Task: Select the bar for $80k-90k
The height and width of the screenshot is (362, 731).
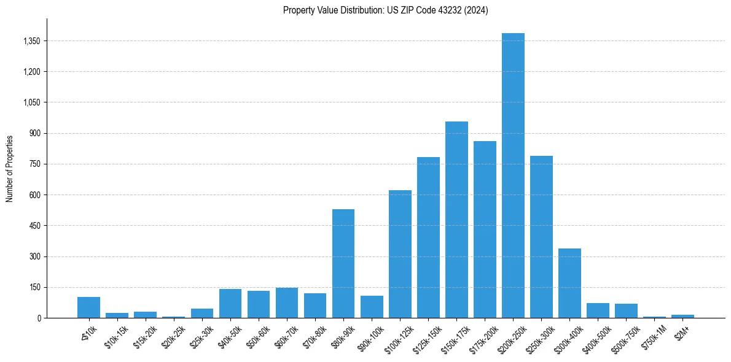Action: (x=343, y=264)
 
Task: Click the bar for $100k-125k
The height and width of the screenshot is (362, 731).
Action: (x=400, y=254)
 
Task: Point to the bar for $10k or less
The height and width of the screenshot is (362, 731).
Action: (x=88, y=307)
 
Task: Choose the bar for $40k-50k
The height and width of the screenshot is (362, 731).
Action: (x=230, y=303)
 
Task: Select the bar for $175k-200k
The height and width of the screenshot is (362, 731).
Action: (x=485, y=229)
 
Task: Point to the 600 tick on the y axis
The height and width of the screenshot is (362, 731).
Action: (x=34, y=195)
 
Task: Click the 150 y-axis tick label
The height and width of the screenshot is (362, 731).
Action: (x=34, y=287)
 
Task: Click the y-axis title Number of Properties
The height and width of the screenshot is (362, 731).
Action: (x=10, y=168)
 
